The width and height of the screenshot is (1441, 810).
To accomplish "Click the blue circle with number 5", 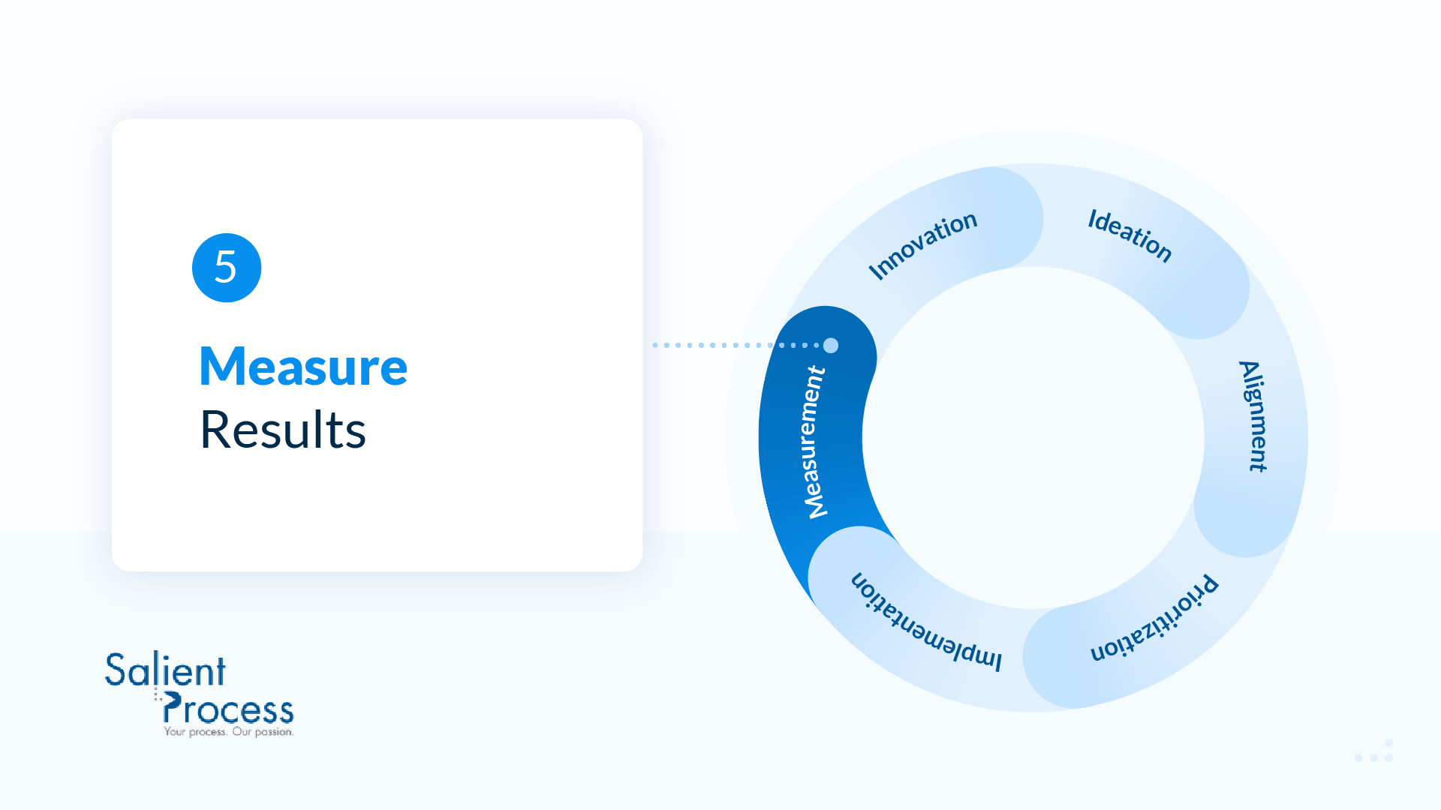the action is pyautogui.click(x=227, y=268).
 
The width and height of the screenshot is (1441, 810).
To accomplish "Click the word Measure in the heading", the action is pyautogui.click(x=303, y=367).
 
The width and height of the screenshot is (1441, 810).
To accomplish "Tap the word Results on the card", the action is pyautogui.click(x=283, y=430).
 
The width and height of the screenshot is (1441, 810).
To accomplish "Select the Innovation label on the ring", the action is pyautogui.click(x=922, y=244).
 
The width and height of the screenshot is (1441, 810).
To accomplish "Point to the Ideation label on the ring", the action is pyautogui.click(x=1130, y=235).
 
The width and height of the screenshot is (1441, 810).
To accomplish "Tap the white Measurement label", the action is pyautogui.click(x=814, y=442).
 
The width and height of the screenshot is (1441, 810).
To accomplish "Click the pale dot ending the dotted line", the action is pyautogui.click(x=831, y=346).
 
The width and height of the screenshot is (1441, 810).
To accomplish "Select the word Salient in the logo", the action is pyautogui.click(x=165, y=670).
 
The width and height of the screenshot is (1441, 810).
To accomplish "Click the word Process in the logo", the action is pyautogui.click(x=228, y=709).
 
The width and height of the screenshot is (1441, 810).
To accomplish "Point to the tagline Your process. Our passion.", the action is pyautogui.click(x=229, y=732).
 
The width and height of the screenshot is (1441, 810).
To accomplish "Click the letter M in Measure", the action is pyautogui.click(x=223, y=367).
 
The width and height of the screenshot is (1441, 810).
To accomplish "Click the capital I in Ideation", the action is pyautogui.click(x=1094, y=219).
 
